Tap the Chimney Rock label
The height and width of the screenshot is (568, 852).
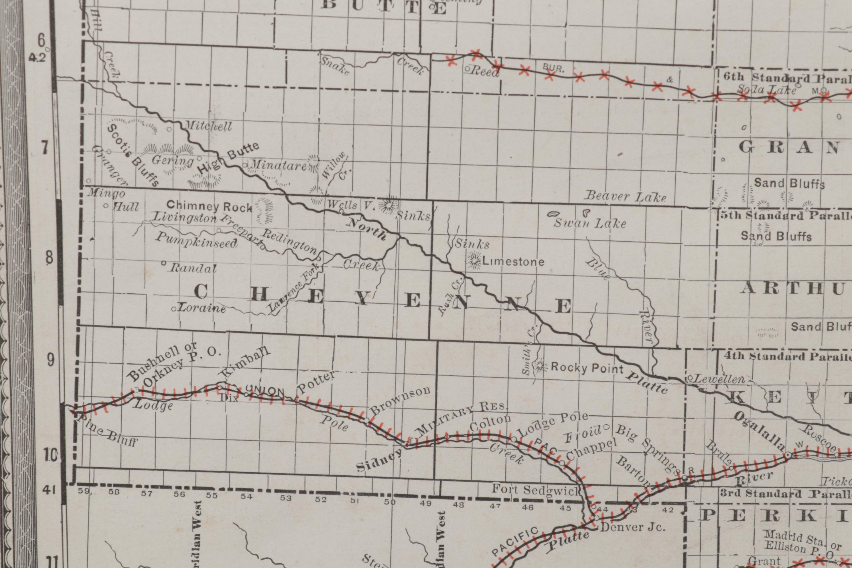[x=209, y=206]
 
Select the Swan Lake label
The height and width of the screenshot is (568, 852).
[x=590, y=223]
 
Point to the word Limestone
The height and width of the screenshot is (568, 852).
[x=513, y=262]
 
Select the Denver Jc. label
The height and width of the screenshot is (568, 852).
[x=632, y=527]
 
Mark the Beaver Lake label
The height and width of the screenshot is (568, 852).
[x=626, y=196]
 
